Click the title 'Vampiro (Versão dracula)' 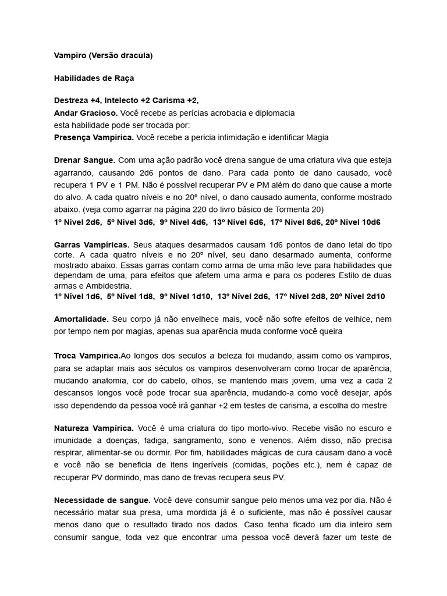103,56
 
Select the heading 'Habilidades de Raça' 94,78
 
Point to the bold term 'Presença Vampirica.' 93,137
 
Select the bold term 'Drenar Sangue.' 84,160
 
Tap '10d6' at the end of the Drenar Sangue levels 370,222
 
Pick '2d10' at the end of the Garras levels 372,296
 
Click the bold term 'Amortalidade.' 81,319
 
